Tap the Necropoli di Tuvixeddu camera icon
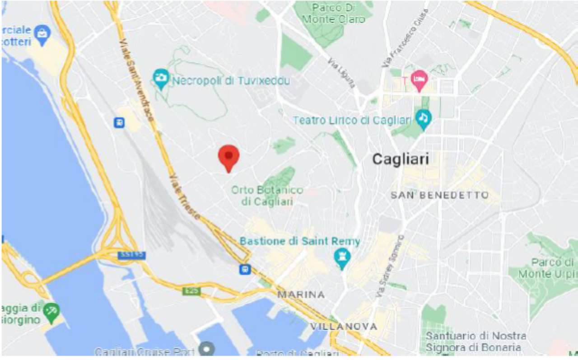click(x=160, y=79)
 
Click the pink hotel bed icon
click(x=419, y=80)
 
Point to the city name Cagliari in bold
click(x=400, y=159)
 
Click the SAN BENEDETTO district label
click(x=440, y=196)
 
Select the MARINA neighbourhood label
click(x=301, y=295)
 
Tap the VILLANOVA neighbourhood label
click(x=344, y=326)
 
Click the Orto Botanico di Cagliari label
click(x=267, y=196)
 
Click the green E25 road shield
click(x=191, y=291)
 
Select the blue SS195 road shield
click(x=132, y=255)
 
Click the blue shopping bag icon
click(x=42, y=34)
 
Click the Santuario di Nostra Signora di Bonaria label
click(x=475, y=342)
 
